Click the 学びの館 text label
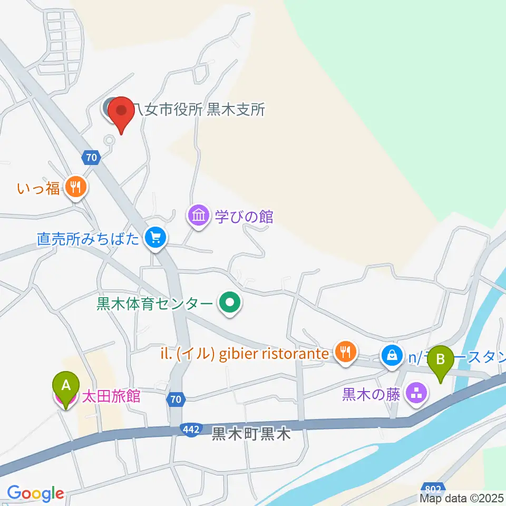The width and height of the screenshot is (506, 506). pyautogui.click(x=244, y=216)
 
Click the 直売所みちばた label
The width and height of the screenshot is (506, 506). pyautogui.click(x=88, y=239)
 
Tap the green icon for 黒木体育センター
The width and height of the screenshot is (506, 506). pyautogui.click(x=230, y=304)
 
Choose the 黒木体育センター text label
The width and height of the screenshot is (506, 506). pyautogui.click(x=155, y=304)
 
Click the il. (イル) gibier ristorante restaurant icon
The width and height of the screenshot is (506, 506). pyautogui.click(x=346, y=352)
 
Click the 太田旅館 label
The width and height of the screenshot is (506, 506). pyautogui.click(x=111, y=396)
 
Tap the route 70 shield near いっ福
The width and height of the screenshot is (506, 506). pyautogui.click(x=91, y=157)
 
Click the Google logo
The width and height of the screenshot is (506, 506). pyautogui.click(x=35, y=493)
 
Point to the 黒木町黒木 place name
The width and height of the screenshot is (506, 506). pyautogui.click(x=251, y=434)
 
